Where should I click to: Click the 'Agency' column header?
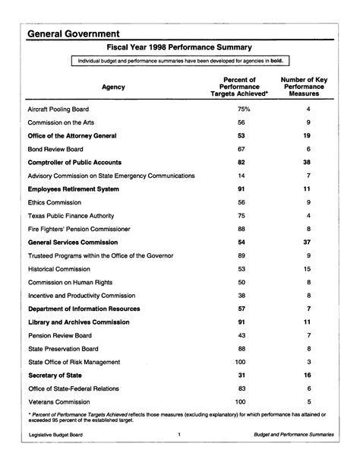(113, 87)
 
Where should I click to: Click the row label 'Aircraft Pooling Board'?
(64, 109)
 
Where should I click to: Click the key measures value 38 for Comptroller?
(308, 163)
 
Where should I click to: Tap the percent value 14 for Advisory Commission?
(242, 176)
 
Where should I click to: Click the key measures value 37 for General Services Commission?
(308, 242)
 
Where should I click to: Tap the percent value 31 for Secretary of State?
(242, 374)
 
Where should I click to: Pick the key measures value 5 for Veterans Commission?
(308, 401)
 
